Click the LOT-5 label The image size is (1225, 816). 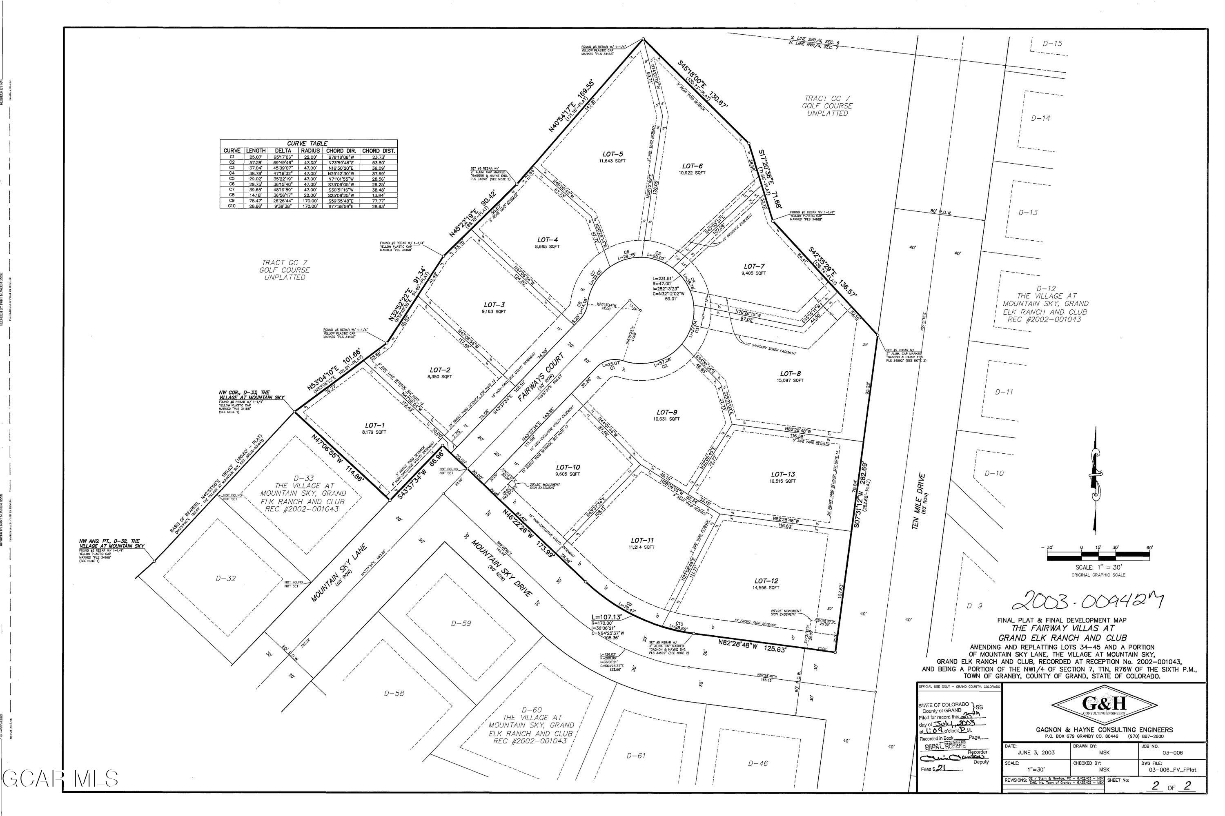[x=612, y=154]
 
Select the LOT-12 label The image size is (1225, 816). [x=766, y=581]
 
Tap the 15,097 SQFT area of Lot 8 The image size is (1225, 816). [x=791, y=380]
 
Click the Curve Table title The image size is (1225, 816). [x=308, y=143]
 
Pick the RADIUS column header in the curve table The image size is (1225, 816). [x=310, y=151]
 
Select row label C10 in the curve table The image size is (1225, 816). [x=232, y=206]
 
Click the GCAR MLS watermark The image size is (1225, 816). [x=60, y=778]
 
